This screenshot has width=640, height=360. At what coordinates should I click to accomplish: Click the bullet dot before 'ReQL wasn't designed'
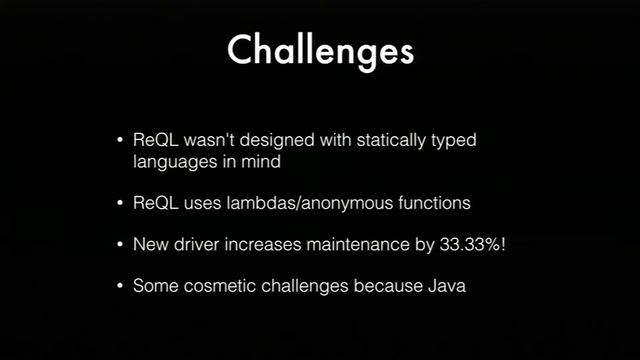121,140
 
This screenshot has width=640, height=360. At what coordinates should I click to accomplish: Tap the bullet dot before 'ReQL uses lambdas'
121,203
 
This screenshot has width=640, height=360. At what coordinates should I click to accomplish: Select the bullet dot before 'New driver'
121,244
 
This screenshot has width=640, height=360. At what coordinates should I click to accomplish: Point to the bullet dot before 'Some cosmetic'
121,286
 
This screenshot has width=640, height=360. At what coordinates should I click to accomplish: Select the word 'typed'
453,140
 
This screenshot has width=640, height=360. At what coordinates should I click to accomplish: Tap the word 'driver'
204,244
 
